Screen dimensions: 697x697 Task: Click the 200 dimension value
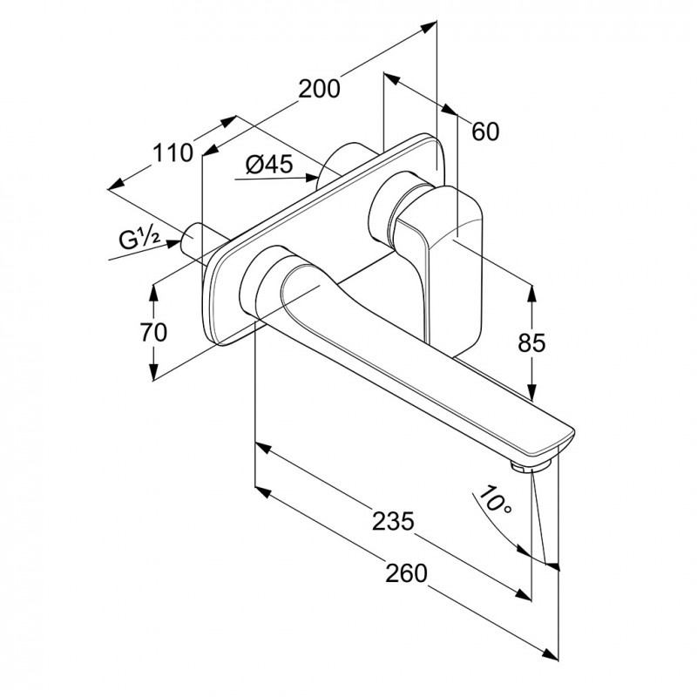(x=319, y=88)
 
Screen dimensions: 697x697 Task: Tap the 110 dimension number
(x=173, y=154)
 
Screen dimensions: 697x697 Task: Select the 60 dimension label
(x=485, y=132)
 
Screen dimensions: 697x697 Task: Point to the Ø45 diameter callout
(x=268, y=164)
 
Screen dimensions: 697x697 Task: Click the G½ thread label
(x=139, y=239)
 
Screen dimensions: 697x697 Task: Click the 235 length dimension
(x=394, y=520)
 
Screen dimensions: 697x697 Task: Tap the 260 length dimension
(x=407, y=572)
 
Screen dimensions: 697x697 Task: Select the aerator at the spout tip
(x=529, y=468)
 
